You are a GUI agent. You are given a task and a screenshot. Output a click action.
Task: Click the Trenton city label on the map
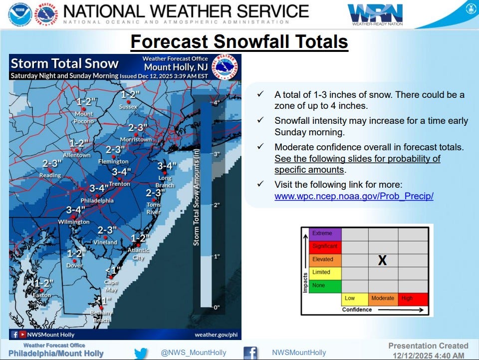(120, 184)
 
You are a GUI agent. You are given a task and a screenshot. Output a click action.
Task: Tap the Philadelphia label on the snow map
(97, 201)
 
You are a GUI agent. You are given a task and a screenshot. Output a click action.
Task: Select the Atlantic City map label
(138, 254)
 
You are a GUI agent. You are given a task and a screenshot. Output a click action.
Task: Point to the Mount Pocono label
(84, 117)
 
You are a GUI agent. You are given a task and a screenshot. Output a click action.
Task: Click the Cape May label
(111, 285)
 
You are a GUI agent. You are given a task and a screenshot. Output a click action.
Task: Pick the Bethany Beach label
(101, 316)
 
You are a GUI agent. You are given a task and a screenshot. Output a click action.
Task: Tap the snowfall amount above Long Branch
(167, 166)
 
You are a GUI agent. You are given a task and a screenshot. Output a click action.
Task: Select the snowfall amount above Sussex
(130, 94)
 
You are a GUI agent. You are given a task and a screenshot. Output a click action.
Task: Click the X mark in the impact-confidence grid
(382, 260)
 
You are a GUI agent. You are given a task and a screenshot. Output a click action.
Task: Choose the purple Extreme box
(326, 233)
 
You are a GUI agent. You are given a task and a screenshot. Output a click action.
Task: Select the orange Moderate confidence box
(383, 299)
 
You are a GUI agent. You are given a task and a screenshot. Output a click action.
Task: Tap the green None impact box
(326, 286)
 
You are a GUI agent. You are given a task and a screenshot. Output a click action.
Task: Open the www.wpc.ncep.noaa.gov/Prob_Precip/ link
(354, 196)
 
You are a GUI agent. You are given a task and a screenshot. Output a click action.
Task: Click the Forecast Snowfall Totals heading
(239, 41)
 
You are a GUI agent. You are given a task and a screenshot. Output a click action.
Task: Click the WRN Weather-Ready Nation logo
(375, 14)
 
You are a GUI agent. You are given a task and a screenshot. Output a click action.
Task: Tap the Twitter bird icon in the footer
(141, 353)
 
